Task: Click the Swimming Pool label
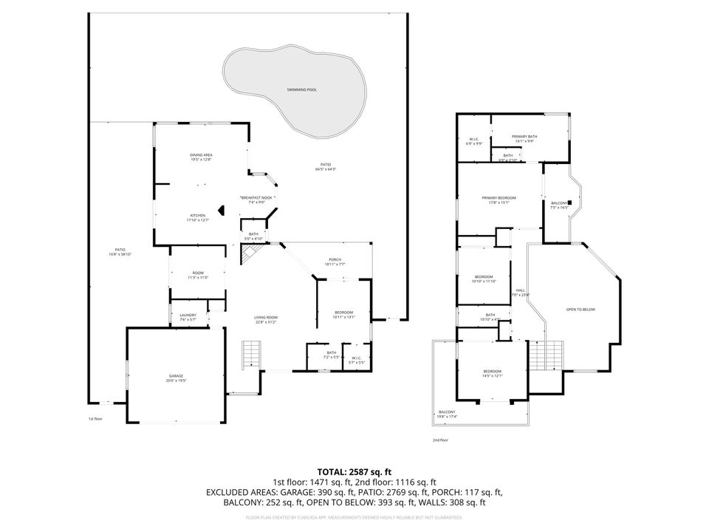[301, 89]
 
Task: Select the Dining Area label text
[201, 157]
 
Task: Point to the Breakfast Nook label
[256, 199]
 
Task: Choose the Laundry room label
[188, 317]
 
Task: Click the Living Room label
[267, 319]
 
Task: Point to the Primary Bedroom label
[499, 199]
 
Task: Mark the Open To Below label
[580, 309]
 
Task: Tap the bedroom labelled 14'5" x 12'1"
[493, 373]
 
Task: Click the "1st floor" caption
[95, 419]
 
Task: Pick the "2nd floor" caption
[440, 440]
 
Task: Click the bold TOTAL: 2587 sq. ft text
[354, 471]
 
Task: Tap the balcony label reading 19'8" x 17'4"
[447, 414]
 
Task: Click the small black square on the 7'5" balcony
[569, 202]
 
